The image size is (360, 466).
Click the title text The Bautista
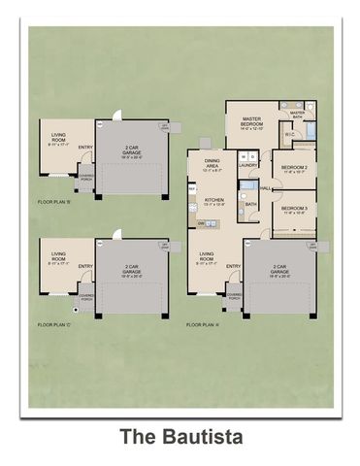click(x=180, y=437)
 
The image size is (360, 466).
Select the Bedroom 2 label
click(x=294, y=170)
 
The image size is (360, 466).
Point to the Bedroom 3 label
click(x=294, y=209)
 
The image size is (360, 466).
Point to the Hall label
click(x=264, y=188)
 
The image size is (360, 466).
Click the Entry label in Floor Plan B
click(x=85, y=149)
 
